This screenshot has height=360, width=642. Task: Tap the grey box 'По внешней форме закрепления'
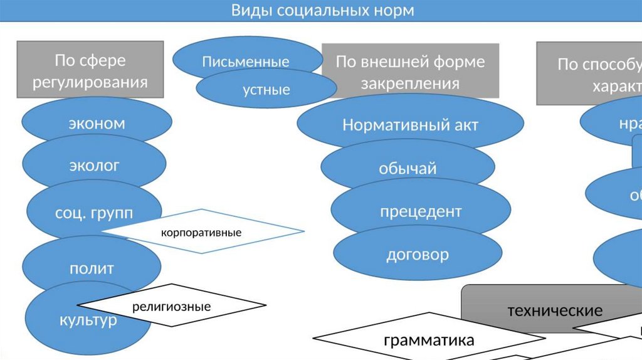coord(410,72)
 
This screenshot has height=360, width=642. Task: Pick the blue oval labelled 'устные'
coord(266,90)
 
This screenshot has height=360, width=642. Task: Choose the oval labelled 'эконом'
coord(97,123)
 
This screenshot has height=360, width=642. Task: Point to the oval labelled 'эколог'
coord(94,166)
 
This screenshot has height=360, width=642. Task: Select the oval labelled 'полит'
coord(92,268)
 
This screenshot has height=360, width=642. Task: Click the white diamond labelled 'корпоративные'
coord(202,232)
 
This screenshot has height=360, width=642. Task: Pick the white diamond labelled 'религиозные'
coord(171,307)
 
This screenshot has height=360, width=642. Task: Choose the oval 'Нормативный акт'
coord(410,125)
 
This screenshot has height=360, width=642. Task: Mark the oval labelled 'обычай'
coord(408,168)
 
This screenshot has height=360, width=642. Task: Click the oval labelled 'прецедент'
coord(420,211)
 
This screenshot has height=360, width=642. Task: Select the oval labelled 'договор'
coord(418,255)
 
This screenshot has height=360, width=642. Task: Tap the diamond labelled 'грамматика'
coord(429,340)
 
